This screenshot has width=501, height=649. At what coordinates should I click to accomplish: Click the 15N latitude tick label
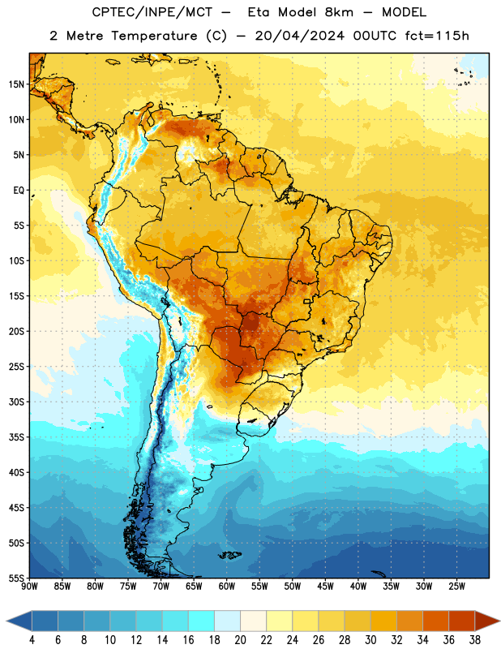pyautogui.click(x=16, y=84)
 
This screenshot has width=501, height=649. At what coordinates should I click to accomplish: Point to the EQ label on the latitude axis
pyautogui.click(x=19, y=191)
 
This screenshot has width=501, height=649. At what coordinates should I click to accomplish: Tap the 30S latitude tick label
pyautogui.click(x=16, y=402)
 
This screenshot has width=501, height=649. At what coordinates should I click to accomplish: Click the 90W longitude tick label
pyautogui.click(x=29, y=586)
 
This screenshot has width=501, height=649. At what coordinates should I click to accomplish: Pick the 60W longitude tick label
pyautogui.click(x=227, y=586)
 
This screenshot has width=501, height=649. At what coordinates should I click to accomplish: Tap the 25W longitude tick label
pyautogui.click(x=456, y=586)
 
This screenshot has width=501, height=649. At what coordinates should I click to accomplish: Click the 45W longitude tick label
pyautogui.click(x=325, y=586)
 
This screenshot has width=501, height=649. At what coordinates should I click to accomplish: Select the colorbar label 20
pyautogui.click(x=240, y=640)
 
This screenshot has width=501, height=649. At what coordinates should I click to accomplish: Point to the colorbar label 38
pyautogui.click(x=474, y=640)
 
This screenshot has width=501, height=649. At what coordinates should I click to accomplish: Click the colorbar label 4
pyautogui.click(x=32, y=640)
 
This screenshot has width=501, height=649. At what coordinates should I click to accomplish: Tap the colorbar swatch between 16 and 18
pyautogui.click(x=202, y=621)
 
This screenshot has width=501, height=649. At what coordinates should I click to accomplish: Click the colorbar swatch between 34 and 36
pyautogui.click(x=435, y=621)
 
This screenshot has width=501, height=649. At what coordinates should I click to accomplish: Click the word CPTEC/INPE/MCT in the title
pyautogui.click(x=152, y=12)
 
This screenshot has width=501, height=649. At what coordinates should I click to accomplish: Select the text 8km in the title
pyautogui.click(x=339, y=12)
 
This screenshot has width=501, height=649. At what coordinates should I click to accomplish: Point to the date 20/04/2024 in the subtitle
pyautogui.click(x=299, y=36)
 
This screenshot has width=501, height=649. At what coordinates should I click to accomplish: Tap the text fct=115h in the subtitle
pyautogui.click(x=437, y=36)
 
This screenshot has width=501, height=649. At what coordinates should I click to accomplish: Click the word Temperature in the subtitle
pyautogui.click(x=154, y=36)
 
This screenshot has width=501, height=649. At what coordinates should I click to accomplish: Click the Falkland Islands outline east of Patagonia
pyautogui.click(x=230, y=555)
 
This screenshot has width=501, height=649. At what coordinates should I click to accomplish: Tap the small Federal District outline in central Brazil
pyautogui.click(x=306, y=301)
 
